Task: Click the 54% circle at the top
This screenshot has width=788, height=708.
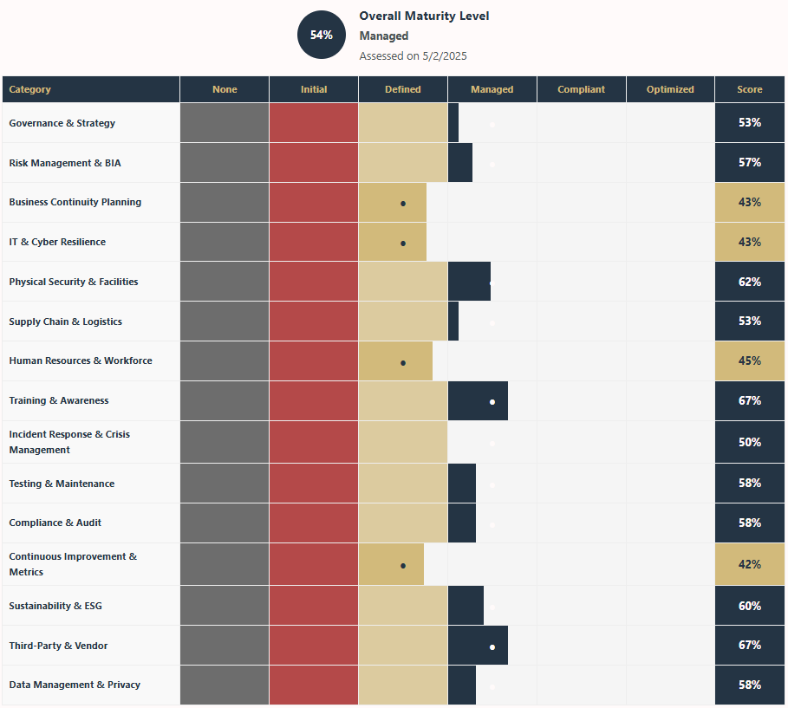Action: click(322, 35)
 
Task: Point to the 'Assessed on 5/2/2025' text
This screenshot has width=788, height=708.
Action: click(412, 55)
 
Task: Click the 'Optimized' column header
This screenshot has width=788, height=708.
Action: click(670, 89)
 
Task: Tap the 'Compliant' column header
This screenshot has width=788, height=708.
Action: click(581, 89)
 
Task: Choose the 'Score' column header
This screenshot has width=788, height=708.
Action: click(750, 89)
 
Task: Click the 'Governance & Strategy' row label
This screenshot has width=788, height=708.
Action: click(62, 123)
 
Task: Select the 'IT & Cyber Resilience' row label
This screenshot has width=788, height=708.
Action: click(57, 242)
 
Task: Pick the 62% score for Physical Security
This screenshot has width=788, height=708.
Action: click(750, 282)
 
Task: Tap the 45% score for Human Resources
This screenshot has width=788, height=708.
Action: click(750, 360)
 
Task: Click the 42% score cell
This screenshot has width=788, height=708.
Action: click(750, 564)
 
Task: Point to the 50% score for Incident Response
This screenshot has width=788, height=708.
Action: click(750, 442)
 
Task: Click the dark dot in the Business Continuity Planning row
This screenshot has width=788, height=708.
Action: click(403, 203)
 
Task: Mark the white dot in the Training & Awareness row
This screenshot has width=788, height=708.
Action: click(492, 401)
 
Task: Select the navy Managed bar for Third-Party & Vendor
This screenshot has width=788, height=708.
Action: click(478, 646)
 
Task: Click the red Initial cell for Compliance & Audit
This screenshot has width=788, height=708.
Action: click(314, 523)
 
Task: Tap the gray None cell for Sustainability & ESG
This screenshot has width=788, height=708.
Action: click(225, 606)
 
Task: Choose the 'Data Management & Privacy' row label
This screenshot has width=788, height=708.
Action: click(75, 685)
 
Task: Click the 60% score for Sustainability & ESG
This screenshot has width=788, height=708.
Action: click(750, 606)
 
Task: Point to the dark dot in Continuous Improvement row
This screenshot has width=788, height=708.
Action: click(403, 565)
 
